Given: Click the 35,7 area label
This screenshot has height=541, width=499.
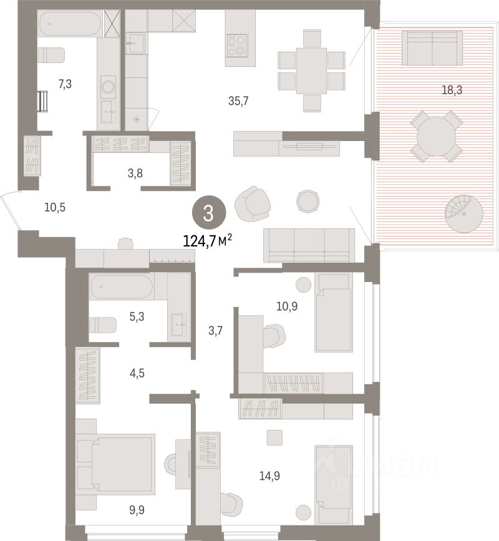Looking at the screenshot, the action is point(238,101).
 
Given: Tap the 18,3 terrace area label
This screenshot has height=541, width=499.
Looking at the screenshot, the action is point(452,90).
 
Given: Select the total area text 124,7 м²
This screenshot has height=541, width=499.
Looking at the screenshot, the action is point(207,241).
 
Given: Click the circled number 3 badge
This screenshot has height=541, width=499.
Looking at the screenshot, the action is point(209,213).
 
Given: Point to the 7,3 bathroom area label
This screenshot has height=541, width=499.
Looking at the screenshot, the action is point(65,84).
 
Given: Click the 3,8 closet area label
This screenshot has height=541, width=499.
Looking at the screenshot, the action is point(135,173).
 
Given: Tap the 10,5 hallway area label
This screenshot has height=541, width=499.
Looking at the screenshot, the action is point(55,207).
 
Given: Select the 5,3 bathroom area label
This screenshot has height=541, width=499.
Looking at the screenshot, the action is point(137,316).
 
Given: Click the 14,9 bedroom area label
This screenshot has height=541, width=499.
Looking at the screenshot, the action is point(269,476).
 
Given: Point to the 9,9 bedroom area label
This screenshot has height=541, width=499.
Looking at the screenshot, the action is point(137,510).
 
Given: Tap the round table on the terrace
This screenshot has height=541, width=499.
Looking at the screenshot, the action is point(436,137).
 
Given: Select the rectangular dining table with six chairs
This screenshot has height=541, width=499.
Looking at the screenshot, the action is point(311,71).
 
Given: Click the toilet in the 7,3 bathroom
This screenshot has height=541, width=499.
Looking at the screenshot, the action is point(51,55).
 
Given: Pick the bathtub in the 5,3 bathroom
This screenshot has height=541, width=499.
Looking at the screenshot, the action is point(122,286).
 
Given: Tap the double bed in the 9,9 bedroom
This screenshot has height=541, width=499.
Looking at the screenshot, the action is point(116,462).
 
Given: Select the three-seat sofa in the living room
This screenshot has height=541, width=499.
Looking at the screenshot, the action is point(309,245).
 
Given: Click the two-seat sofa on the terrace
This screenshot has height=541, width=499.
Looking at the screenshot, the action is point(432,48).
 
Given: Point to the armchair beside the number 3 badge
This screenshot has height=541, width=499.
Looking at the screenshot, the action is point(253,203).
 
